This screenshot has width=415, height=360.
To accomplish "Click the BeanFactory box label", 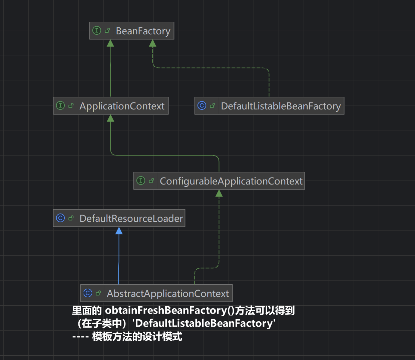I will click(143, 31).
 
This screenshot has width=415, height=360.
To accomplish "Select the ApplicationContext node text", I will click(122, 106).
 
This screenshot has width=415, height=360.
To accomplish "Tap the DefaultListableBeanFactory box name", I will click(281, 106).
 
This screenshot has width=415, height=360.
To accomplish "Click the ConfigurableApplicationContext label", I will click(231, 181).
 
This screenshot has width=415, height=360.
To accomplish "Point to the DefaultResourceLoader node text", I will click(131, 219).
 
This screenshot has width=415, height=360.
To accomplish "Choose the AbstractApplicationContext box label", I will click(168, 294).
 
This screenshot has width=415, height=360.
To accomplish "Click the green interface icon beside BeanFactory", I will click(97, 31).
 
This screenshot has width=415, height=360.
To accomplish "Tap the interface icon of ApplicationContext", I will click(60, 106).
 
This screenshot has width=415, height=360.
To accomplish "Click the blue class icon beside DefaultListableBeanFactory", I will click(202, 106).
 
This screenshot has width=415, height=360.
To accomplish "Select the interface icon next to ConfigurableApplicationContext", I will click(141, 181).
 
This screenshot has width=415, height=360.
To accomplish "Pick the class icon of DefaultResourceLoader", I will click(60, 218).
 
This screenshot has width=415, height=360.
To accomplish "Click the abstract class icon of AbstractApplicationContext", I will click(88, 293).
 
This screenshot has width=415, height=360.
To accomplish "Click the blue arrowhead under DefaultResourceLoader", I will click(119, 231).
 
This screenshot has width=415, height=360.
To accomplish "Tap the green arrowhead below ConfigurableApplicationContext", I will click(219, 193).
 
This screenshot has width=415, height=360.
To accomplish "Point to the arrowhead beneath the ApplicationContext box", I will click(110, 118).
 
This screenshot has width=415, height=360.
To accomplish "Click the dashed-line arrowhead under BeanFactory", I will click(152, 43).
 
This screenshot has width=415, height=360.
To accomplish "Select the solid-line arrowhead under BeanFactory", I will click(110, 43).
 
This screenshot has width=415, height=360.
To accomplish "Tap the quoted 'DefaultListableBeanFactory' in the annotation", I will click(204, 323).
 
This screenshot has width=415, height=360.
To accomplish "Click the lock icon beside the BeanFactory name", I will click(107, 31).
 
